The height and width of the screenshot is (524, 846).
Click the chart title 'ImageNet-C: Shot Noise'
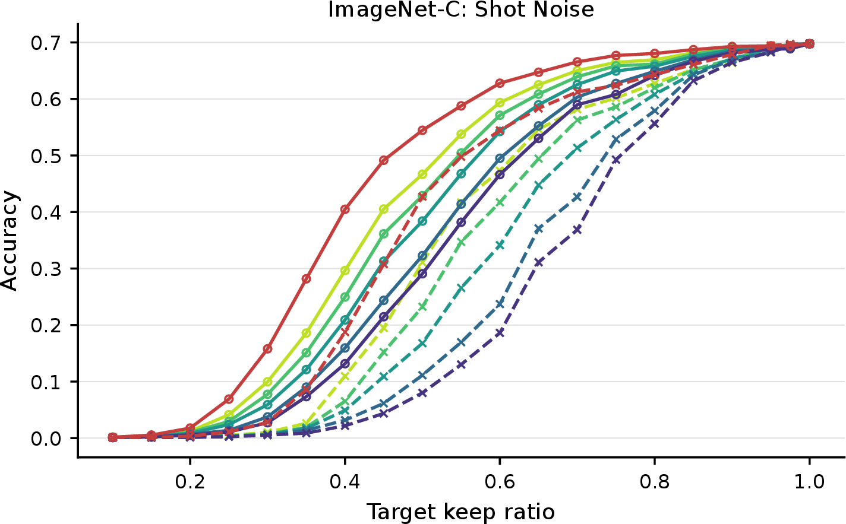(461, 9)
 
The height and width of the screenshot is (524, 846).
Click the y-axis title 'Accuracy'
(10, 241)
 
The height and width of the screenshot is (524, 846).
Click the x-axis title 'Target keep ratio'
(461, 512)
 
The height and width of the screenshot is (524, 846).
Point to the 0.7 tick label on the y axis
(46, 43)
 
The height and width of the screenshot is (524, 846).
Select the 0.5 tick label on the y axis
(46, 156)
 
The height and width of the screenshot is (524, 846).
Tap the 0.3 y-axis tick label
(46, 269)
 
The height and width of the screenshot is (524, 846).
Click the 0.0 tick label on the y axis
(46, 439)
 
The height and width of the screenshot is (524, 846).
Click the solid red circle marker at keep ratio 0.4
(345, 209)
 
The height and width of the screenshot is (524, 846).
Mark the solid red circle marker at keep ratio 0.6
(500, 83)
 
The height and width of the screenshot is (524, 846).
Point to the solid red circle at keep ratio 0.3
(267, 348)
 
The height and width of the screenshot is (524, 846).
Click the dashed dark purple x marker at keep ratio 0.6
(500, 332)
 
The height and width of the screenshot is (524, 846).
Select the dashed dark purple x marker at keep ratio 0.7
(577, 230)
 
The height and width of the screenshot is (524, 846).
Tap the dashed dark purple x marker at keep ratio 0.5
(422, 393)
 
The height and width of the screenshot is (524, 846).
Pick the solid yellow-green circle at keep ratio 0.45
(384, 209)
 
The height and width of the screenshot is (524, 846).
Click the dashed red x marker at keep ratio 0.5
(422, 196)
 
